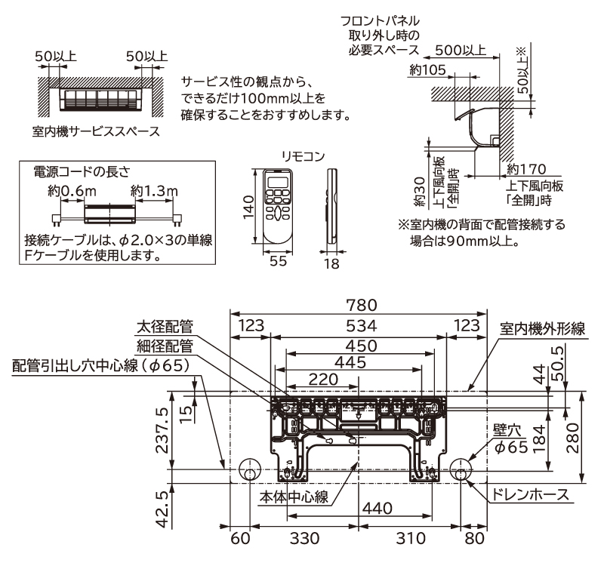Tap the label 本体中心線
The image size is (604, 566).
pyautogui.click(x=294, y=497)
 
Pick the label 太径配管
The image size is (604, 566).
pyautogui.click(x=165, y=328)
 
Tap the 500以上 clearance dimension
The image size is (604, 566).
pyautogui.click(x=461, y=51)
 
